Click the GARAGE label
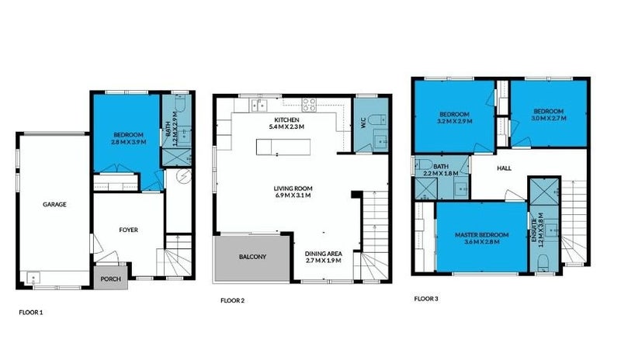point(54,205)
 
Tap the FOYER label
point(128,229)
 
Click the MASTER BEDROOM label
point(481,235)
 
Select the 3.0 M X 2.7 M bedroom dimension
point(549,118)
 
